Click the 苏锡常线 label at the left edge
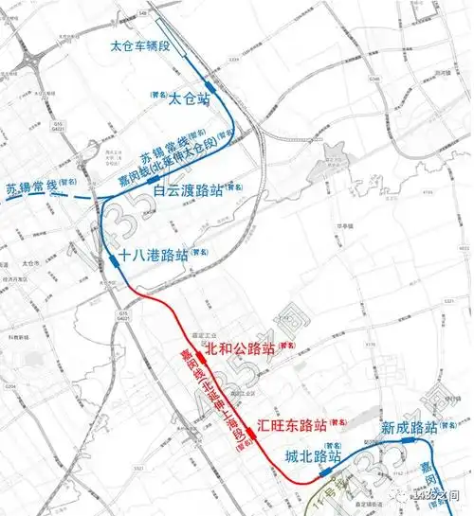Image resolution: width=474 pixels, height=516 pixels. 30,186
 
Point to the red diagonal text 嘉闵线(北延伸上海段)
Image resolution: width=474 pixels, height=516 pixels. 217,398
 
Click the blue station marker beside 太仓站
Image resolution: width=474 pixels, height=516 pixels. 210,86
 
